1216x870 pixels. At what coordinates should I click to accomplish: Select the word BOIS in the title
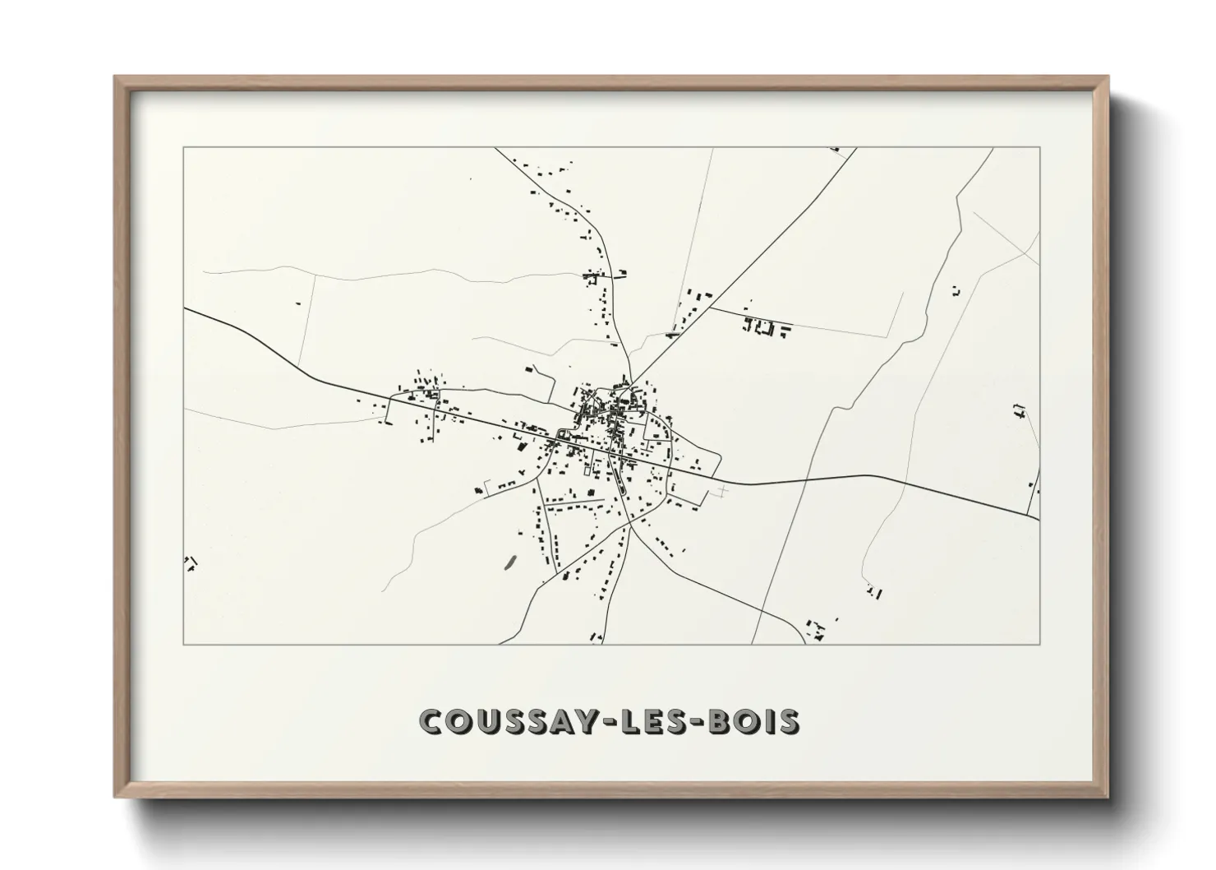pyautogui.click(x=754, y=721)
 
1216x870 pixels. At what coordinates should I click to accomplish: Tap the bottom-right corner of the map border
pyautogui.click(x=1039, y=644)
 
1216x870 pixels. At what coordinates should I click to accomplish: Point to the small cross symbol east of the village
pyautogui.click(x=723, y=492)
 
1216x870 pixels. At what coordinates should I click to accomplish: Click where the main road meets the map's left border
pyautogui.click(x=184, y=309)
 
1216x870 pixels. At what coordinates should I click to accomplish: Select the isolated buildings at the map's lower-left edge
pyautogui.click(x=191, y=564)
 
